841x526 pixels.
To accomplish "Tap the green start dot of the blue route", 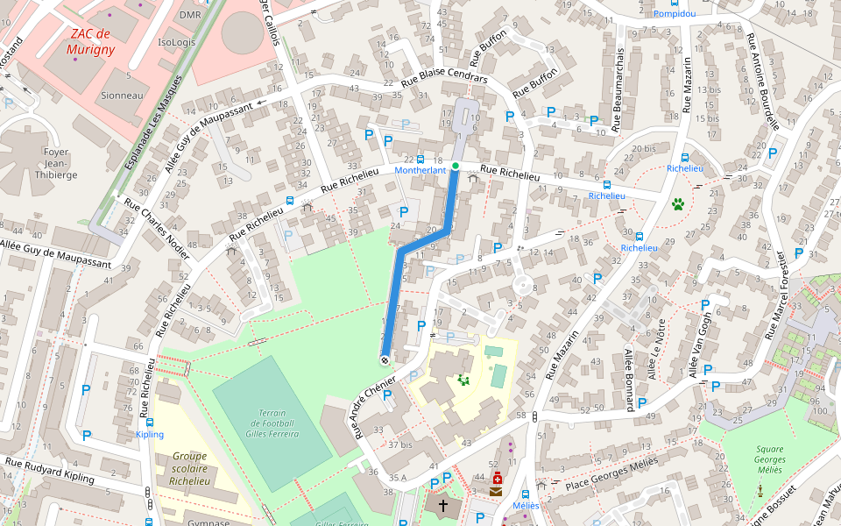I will click(455, 166).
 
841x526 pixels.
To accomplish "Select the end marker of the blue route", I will click(385, 359).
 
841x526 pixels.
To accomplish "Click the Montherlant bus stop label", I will click(420, 170).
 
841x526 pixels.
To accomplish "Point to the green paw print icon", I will click(678, 204).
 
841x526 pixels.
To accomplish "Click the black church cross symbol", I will click(443, 506).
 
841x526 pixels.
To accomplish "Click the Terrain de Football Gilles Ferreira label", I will click(273, 423).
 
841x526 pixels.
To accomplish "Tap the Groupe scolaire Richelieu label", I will click(190, 468).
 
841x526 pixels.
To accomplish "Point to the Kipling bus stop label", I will click(149, 434).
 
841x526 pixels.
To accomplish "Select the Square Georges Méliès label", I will click(769, 459).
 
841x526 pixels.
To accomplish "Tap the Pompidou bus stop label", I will click(675, 14).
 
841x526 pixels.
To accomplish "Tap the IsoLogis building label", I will click(177, 42).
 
